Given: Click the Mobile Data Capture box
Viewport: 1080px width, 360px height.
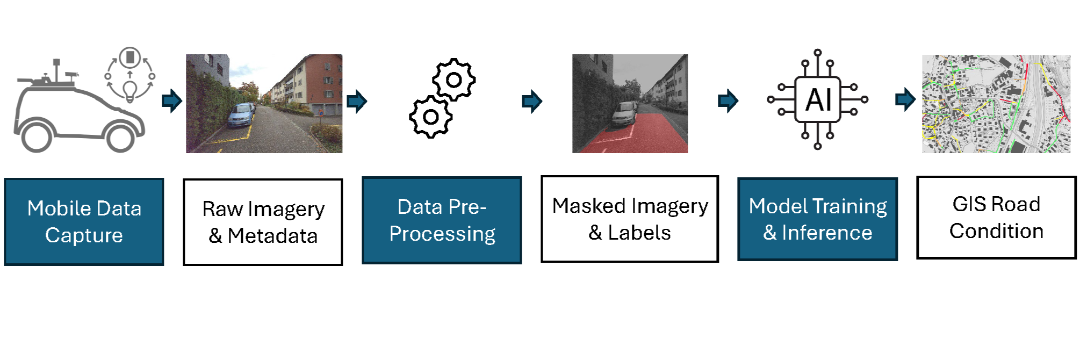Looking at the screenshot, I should [x=84, y=221].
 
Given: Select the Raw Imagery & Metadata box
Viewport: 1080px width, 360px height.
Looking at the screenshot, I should [x=263, y=222].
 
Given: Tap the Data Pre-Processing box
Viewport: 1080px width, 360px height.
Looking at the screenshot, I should [x=442, y=220].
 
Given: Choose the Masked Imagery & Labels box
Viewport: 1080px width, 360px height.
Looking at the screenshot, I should [x=630, y=219].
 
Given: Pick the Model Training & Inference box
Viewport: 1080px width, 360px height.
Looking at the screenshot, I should [x=817, y=219].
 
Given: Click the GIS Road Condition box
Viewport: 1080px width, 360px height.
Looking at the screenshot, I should [x=996, y=218].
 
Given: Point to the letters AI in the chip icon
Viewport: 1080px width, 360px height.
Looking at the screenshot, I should [x=818, y=100].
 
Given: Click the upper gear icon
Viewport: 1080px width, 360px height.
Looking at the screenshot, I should [x=454, y=80].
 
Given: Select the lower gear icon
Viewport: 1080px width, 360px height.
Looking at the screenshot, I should [x=430, y=117].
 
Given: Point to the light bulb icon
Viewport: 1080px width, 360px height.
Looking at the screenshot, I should [x=129, y=91].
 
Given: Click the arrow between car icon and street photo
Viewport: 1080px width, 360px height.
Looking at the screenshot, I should [x=172, y=100].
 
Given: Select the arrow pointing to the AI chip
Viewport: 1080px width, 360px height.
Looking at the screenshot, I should [x=728, y=100].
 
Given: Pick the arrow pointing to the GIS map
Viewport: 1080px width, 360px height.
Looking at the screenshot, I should [x=905, y=99].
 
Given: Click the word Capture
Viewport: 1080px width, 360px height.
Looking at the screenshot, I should [x=84, y=235].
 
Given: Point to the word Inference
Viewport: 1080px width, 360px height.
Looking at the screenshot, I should [x=827, y=233].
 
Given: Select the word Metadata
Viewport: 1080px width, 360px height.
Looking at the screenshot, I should [x=272, y=236].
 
